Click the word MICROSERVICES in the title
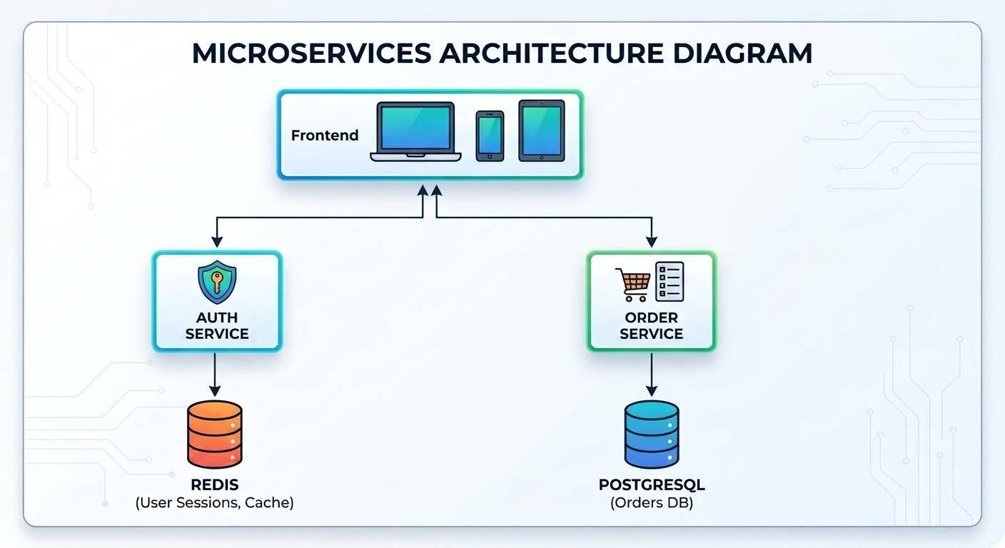(x=312, y=54)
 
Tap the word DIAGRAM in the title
(x=742, y=54)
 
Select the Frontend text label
(x=325, y=135)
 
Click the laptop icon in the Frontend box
(x=415, y=131)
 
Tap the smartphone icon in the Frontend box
(x=490, y=136)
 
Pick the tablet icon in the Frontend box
(x=542, y=131)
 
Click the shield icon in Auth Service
(x=217, y=282)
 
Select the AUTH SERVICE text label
(x=217, y=325)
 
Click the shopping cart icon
(x=633, y=285)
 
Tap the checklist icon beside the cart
(x=670, y=281)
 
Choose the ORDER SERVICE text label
(x=652, y=325)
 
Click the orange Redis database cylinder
(x=215, y=434)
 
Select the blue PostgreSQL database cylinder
(x=652, y=434)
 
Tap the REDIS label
(x=214, y=484)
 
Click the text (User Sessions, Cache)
(x=214, y=503)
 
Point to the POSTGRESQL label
(x=652, y=484)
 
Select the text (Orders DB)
(x=652, y=503)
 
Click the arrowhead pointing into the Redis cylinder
(x=215, y=390)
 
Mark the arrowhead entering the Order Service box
(x=652, y=242)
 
